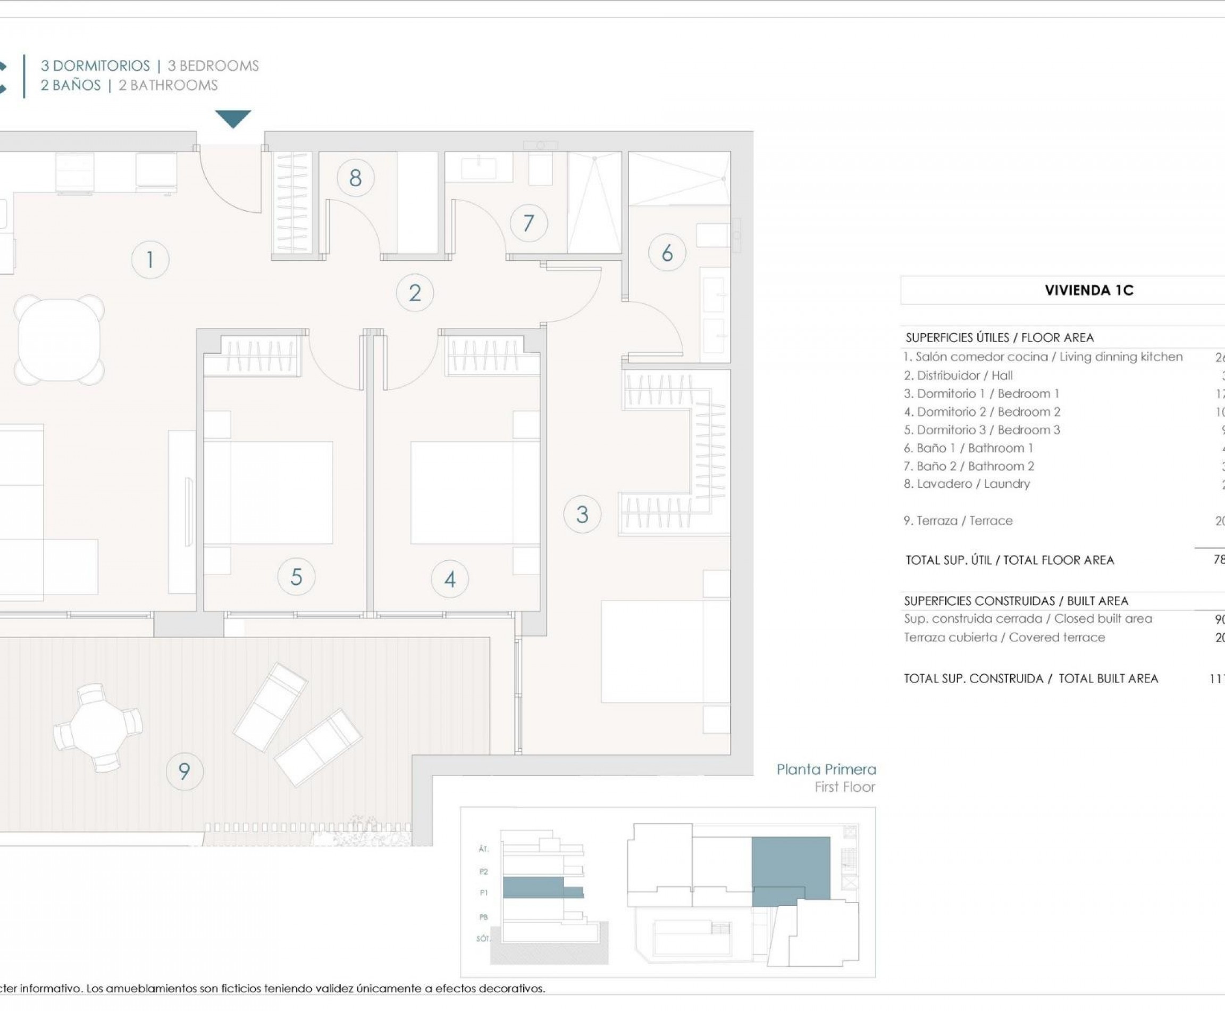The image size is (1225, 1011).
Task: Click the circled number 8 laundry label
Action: point(355,178)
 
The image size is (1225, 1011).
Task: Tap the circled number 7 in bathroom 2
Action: point(528,223)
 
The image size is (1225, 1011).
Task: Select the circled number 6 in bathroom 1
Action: point(667,253)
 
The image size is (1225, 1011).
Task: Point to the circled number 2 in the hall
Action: point(414,292)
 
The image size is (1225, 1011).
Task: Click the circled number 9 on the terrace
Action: point(184,771)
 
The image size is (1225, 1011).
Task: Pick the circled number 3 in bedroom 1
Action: point(582,514)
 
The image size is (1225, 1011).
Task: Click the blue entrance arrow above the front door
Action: point(233,118)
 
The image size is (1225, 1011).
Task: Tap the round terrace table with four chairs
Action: point(98,727)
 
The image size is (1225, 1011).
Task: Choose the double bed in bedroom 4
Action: point(475,493)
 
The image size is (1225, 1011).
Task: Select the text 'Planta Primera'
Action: point(826,769)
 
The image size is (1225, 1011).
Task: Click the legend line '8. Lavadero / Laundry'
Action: point(967,484)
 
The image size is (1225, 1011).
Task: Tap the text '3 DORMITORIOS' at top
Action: point(95,66)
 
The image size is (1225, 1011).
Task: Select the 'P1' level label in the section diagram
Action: point(483,892)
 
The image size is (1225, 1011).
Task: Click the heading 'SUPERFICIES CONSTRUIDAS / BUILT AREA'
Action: point(1016,600)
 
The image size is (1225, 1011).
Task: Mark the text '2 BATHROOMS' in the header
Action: point(167,86)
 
